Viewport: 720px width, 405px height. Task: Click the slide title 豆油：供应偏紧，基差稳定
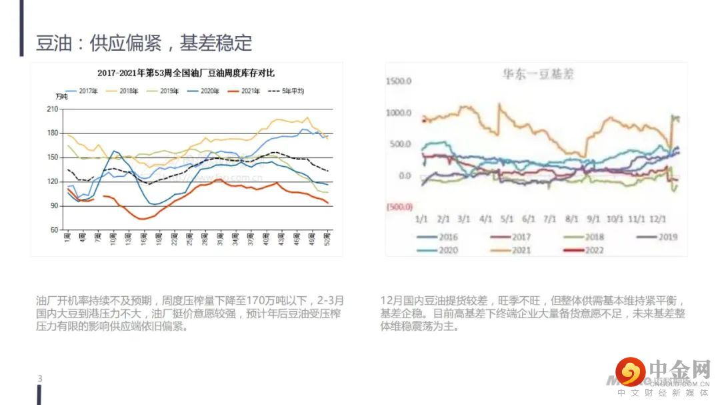point(144,43)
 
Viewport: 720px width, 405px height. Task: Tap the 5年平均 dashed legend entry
point(287,91)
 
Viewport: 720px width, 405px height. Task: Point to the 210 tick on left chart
point(53,109)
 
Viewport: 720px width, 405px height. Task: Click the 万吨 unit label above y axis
point(61,97)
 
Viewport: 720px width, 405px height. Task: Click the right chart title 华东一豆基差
point(538,75)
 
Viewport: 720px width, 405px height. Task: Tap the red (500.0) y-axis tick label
point(400,207)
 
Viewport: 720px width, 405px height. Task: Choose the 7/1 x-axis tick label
point(550,219)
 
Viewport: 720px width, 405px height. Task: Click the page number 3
point(40,379)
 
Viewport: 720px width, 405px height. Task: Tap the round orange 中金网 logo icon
point(630,372)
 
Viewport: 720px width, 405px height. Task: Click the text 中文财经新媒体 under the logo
point(663,393)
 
